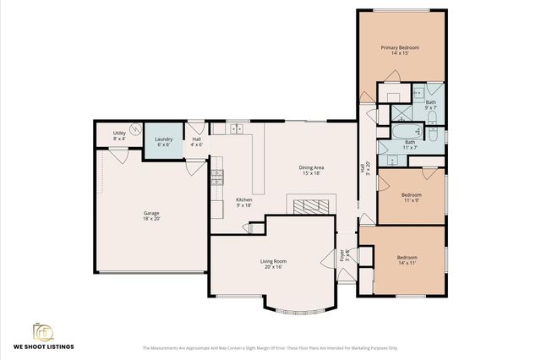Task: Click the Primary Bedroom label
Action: (x=400, y=51)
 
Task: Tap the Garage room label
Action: (x=151, y=216)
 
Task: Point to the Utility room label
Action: (x=119, y=135)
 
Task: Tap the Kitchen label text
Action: (x=243, y=202)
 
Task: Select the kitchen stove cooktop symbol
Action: (x=217, y=176)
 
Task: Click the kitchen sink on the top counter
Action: (x=237, y=128)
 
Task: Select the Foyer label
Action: (x=343, y=254)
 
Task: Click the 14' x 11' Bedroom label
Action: (x=407, y=259)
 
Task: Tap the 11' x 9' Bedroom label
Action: (x=411, y=199)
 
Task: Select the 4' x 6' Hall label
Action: (x=196, y=142)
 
